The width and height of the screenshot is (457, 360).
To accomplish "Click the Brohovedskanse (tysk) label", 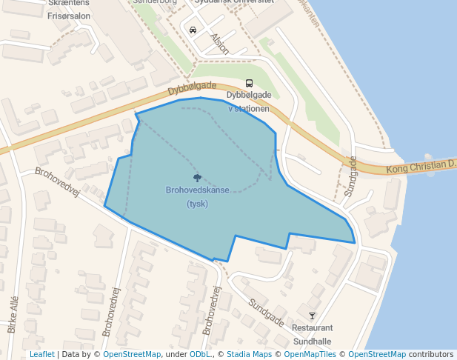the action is (197, 196).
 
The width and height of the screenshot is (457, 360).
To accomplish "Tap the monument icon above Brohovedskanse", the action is (197, 177).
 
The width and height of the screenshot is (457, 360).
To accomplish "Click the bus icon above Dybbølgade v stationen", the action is (249, 84).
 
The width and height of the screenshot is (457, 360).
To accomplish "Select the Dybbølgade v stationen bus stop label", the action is (248, 101).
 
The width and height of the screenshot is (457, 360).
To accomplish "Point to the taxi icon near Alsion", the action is (193, 30).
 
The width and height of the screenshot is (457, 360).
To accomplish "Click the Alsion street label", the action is (220, 41).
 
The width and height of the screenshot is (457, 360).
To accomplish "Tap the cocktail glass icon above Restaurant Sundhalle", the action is (312, 316).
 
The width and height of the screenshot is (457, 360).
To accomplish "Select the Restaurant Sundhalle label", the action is (313, 334).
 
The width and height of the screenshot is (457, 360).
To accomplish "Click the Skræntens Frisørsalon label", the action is (70, 8).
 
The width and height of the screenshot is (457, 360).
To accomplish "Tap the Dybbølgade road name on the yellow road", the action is (192, 88).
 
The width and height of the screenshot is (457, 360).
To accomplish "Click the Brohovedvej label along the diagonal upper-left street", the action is (57, 181).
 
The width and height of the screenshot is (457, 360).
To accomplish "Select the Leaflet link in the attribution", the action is (41, 355).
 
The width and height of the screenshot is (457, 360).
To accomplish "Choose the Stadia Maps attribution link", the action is (249, 355).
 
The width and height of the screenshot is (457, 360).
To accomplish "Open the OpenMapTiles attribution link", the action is (310, 355).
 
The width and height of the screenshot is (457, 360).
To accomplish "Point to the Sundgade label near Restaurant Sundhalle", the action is (266, 313).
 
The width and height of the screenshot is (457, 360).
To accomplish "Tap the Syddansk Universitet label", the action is (234, 2).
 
